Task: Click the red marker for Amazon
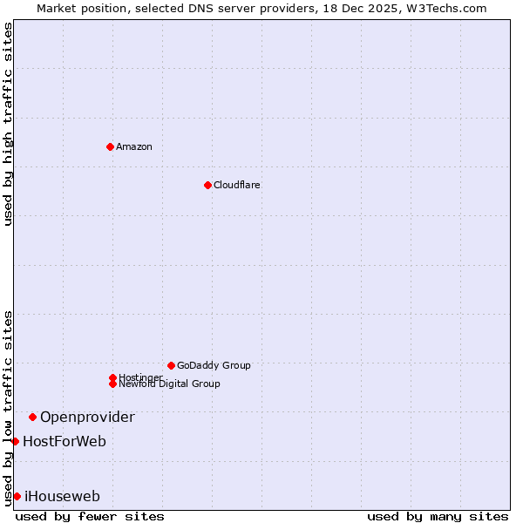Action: pyautogui.click(x=110, y=146)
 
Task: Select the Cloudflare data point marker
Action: pyautogui.click(x=207, y=185)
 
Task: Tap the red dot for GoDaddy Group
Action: pyautogui.click(x=171, y=365)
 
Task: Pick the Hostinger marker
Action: pyautogui.click(x=112, y=377)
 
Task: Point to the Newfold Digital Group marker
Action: pyautogui.click(x=112, y=384)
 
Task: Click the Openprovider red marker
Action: pyautogui.click(x=32, y=417)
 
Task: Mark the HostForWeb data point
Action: pyautogui.click(x=15, y=441)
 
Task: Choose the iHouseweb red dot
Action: pyautogui.click(x=17, y=496)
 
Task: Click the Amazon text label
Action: pyautogui.click(x=134, y=146)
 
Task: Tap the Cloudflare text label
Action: pyautogui.click(x=237, y=185)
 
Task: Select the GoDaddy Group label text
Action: pyautogui.click(x=214, y=365)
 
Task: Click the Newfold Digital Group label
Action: pyautogui.click(x=170, y=384)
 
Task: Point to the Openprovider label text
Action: pyautogui.click(x=87, y=417)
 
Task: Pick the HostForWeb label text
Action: pyautogui.click(x=65, y=441)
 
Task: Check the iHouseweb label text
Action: pyautogui.click(x=62, y=496)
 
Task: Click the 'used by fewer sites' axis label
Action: pyautogui.click(x=90, y=516)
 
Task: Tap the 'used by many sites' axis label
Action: pyautogui.click(x=438, y=516)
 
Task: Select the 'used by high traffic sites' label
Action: pyautogui.click(x=8, y=124)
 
